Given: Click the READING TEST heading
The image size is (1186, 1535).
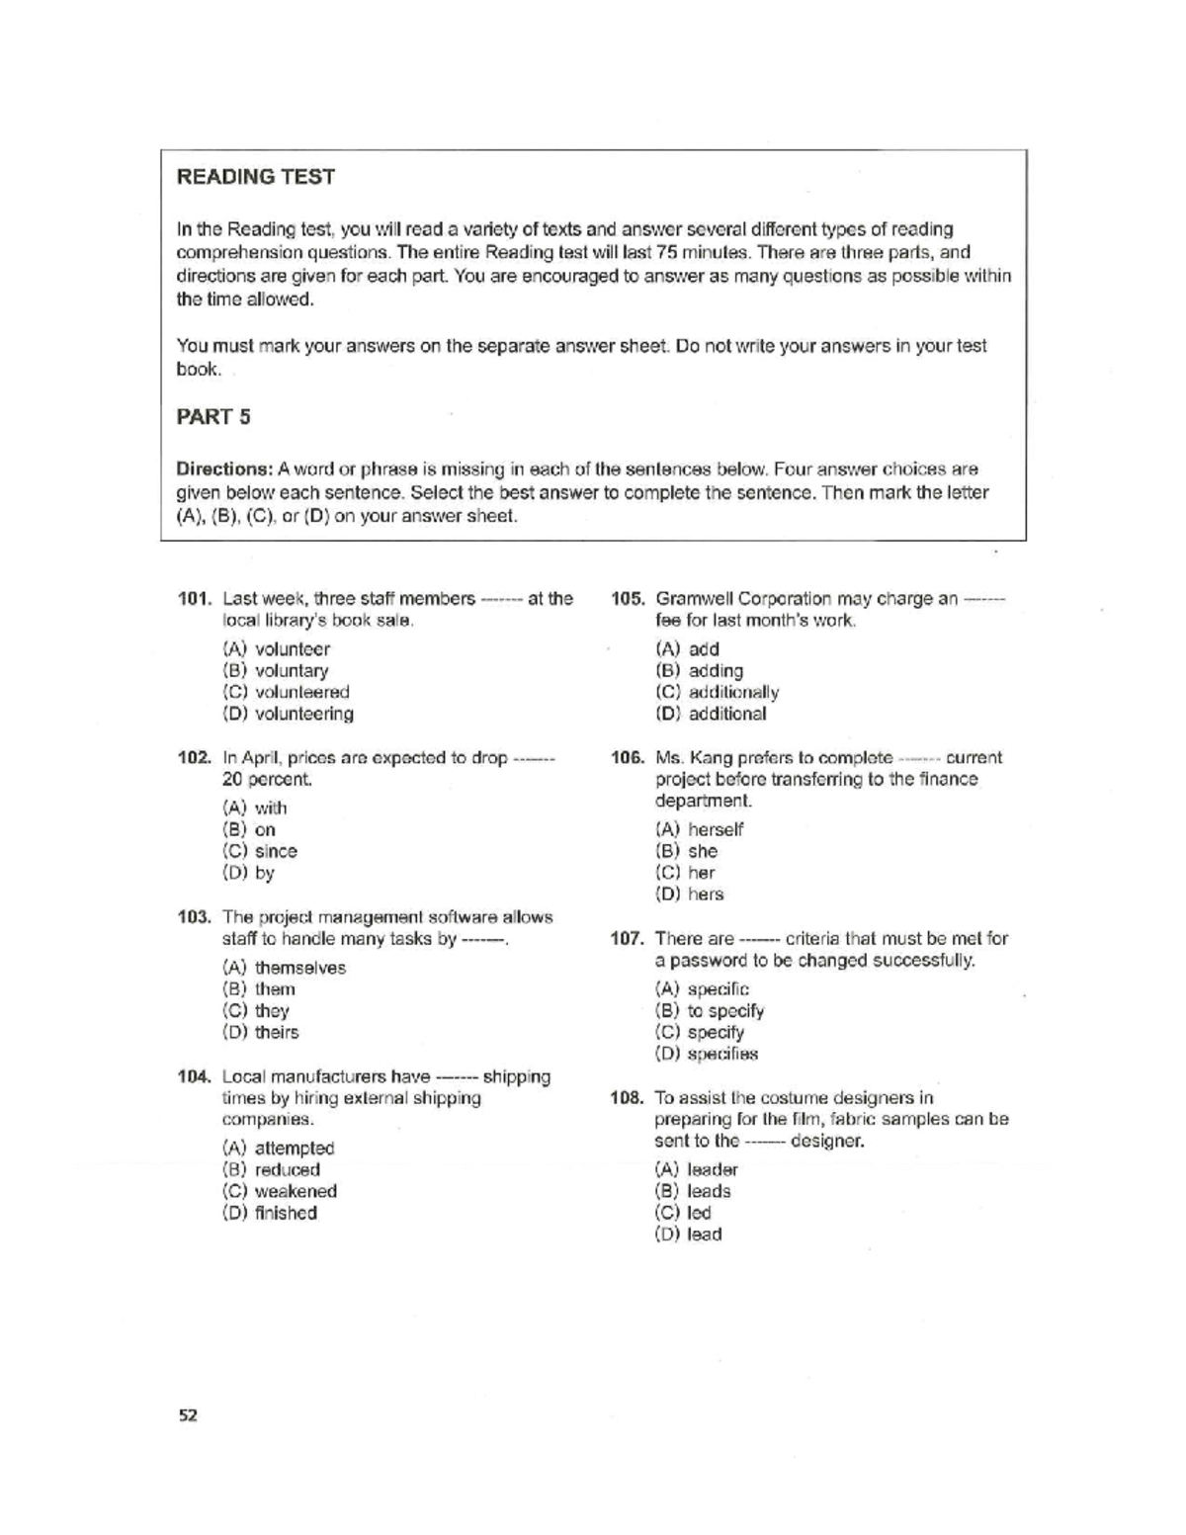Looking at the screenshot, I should [x=255, y=177].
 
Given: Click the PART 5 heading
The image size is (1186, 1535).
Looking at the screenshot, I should [x=212, y=417].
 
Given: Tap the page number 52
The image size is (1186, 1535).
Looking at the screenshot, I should [x=188, y=1415].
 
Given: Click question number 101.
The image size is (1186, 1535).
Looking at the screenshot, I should [x=195, y=599].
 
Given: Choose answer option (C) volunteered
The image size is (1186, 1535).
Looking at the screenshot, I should [x=287, y=693].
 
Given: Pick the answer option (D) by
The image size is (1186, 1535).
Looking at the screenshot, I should [x=249, y=873].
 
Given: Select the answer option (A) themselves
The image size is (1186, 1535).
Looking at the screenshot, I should [x=285, y=968].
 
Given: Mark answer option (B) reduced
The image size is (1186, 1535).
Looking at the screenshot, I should [x=272, y=1170].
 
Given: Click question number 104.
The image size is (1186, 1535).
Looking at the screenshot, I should [x=195, y=1077].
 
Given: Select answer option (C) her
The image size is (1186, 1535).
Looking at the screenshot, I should [x=685, y=873].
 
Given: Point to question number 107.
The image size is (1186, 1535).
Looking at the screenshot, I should [x=628, y=939].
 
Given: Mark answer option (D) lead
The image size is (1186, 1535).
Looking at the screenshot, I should [x=688, y=1235].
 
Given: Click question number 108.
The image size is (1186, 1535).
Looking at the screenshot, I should [x=628, y=1098].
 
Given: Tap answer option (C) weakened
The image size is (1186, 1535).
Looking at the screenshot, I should [x=281, y=1192].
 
